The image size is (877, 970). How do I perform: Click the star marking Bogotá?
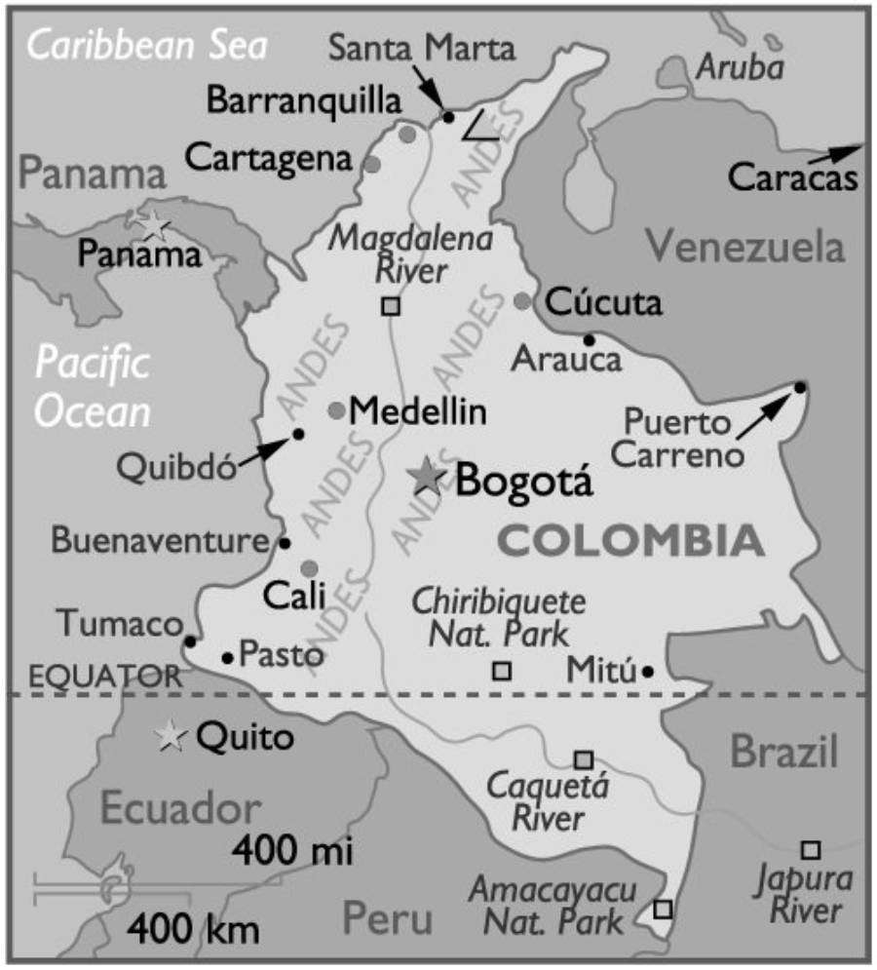(x=426, y=476)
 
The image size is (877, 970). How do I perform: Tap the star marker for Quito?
(x=172, y=737)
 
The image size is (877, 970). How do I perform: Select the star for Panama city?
(x=154, y=225)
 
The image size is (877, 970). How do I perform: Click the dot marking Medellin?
(x=336, y=410)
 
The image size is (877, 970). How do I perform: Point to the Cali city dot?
(x=309, y=568)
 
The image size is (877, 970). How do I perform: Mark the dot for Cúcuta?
(x=523, y=301)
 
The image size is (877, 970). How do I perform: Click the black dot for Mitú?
(x=648, y=671)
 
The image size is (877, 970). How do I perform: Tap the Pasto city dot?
(x=227, y=658)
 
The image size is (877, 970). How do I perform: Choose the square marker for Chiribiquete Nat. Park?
(x=501, y=671)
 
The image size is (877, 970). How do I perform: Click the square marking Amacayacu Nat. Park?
(x=663, y=909)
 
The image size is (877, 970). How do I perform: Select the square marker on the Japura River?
(x=810, y=849)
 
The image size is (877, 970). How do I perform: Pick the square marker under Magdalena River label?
(x=390, y=306)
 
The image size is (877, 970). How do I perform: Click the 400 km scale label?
(x=195, y=926)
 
